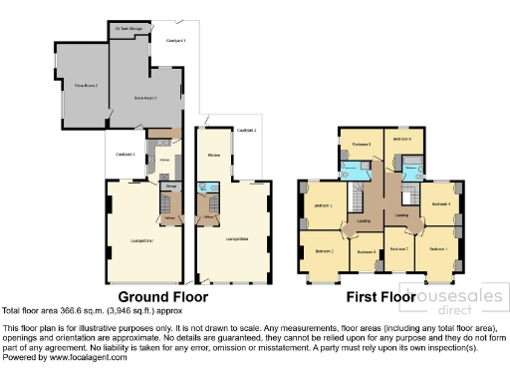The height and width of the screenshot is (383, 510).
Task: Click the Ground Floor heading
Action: click(x=163, y=297)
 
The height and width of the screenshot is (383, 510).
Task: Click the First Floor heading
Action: click(x=380, y=297)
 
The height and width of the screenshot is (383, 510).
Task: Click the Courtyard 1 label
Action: click(x=176, y=40)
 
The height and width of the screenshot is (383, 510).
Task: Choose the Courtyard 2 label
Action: click(x=246, y=131)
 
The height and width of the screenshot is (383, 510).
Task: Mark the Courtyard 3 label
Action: click(x=126, y=154)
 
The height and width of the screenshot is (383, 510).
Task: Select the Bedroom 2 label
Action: click(x=325, y=252)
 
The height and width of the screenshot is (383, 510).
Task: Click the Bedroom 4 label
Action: click(x=441, y=204)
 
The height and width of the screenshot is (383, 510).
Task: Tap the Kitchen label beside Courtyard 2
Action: click(x=214, y=156)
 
